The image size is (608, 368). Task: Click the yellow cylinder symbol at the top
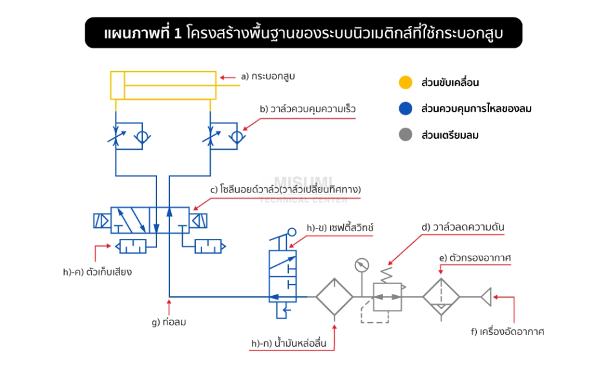[164, 85]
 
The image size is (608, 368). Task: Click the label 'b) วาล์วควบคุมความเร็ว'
[308, 109]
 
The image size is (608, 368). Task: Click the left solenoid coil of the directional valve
[101, 220]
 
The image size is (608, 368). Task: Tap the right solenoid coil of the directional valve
[198, 220]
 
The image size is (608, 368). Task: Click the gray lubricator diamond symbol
[334, 297]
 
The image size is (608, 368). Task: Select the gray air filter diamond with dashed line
[441, 297]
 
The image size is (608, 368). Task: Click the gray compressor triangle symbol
[486, 297]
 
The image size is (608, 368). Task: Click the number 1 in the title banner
[178, 33]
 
